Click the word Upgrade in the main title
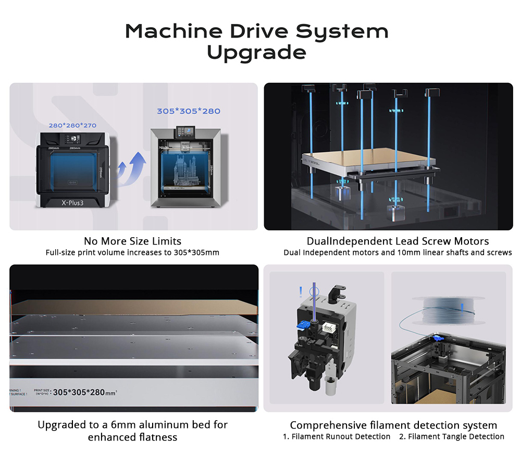[256, 53]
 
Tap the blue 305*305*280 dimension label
[189, 111]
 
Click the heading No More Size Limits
[132, 241]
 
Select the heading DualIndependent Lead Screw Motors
[398, 241]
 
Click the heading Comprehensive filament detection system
[393, 425]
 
